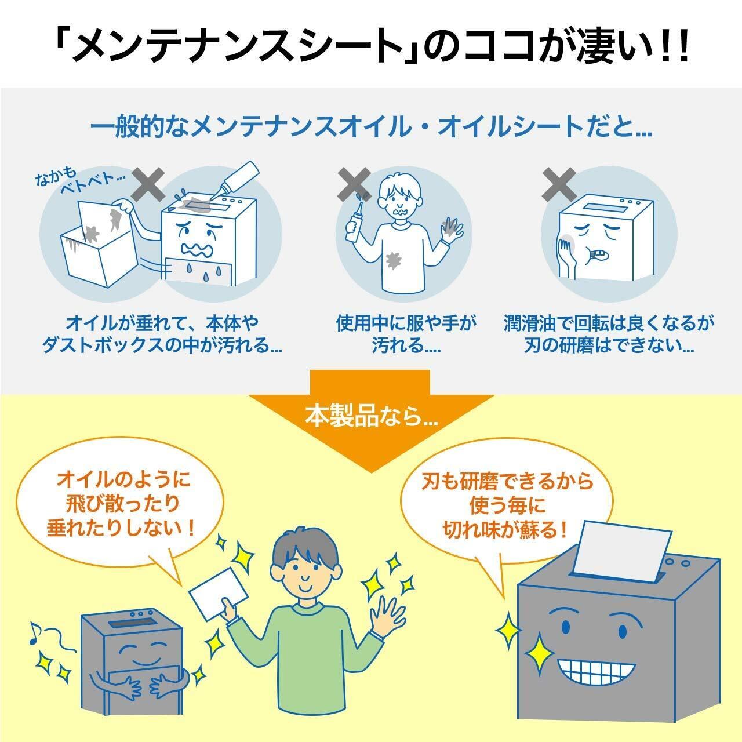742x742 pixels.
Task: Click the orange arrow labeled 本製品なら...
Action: pyautogui.click(x=371, y=418)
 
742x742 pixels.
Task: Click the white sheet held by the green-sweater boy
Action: pyautogui.click(x=219, y=593)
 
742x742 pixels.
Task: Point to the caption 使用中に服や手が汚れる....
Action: pyautogui.click(x=406, y=334)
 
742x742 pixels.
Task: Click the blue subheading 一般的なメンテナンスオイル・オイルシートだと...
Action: pyautogui.click(x=371, y=126)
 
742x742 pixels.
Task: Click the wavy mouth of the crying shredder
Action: pyautogui.click(x=197, y=249)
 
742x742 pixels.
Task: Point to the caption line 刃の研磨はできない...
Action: pyautogui.click(x=609, y=345)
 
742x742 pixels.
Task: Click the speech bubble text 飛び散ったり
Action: pyautogui.click(x=123, y=504)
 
